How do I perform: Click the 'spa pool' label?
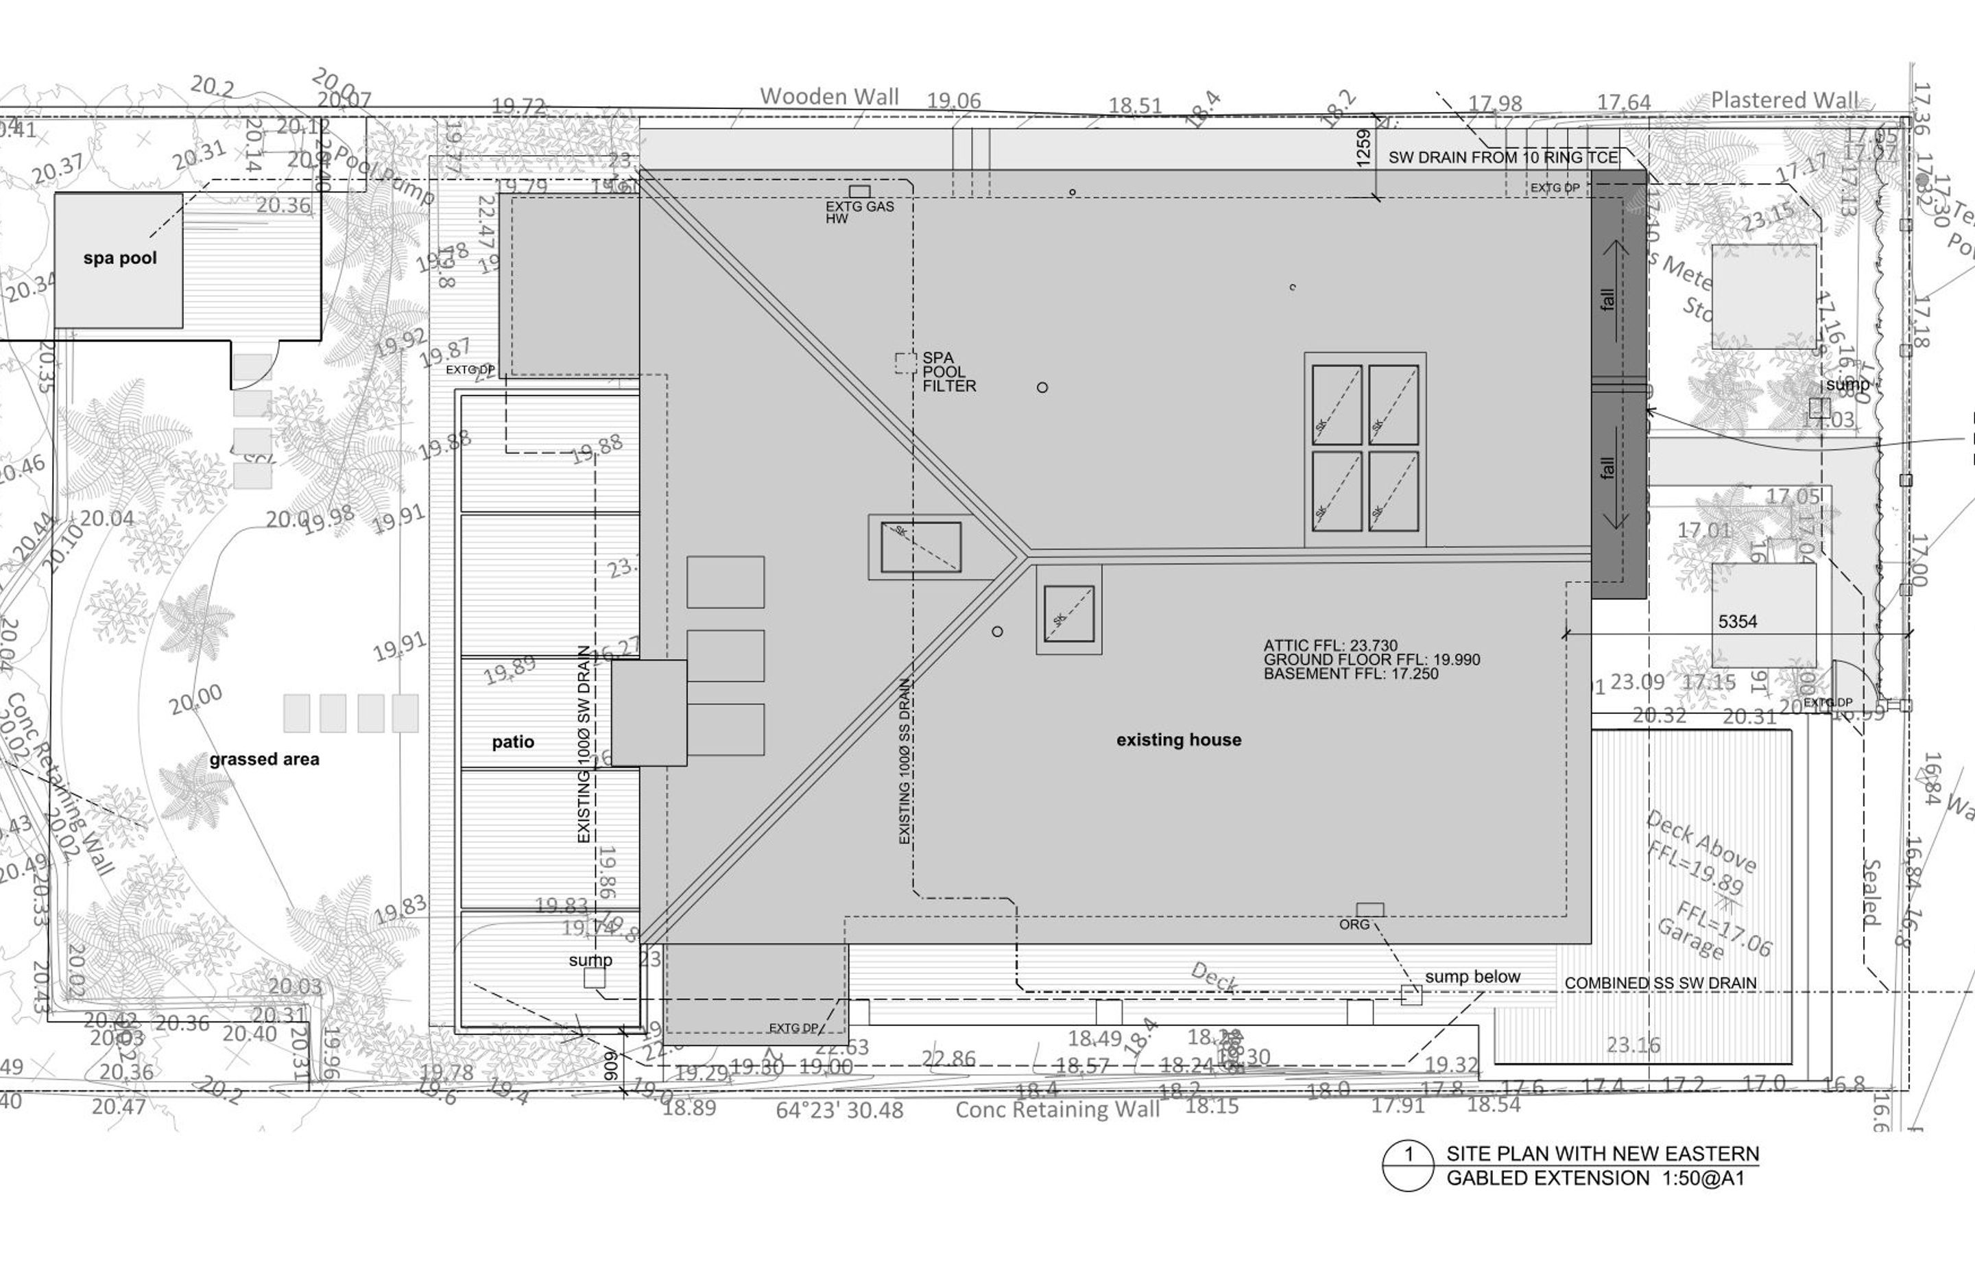(x=120, y=258)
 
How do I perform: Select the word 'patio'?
(x=512, y=742)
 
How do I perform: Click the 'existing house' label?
(x=1178, y=740)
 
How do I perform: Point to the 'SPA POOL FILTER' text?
(x=948, y=372)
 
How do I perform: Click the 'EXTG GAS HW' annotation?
(x=859, y=212)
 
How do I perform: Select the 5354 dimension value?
(x=1737, y=621)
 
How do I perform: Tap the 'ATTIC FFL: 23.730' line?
(x=1330, y=645)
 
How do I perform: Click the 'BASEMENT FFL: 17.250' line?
(x=1350, y=674)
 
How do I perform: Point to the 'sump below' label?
(x=1472, y=976)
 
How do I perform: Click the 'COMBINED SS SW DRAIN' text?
(x=1660, y=984)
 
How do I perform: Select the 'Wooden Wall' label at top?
(x=829, y=97)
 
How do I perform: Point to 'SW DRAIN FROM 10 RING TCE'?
(x=1503, y=157)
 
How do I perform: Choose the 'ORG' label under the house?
(x=1354, y=924)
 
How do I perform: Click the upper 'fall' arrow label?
(x=1607, y=298)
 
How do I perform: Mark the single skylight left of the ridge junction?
(x=920, y=547)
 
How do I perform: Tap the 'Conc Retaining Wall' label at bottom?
(x=1057, y=1109)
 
